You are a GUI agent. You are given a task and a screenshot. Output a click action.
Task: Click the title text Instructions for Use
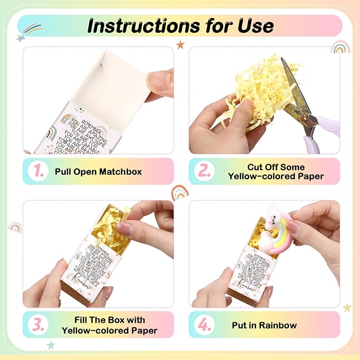(x=180, y=25)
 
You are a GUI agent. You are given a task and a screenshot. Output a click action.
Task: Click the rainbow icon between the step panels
(x=180, y=192)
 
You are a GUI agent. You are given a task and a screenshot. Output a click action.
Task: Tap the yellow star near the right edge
(x=347, y=308)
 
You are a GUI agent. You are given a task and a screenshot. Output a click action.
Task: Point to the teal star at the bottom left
(x=51, y=345)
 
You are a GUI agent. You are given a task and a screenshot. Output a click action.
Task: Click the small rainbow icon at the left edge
(x=14, y=227)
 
